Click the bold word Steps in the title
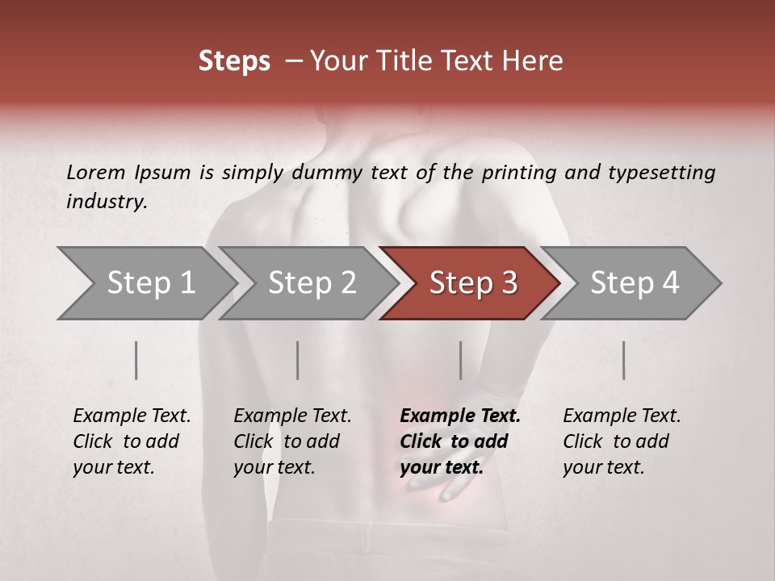tap(234, 61)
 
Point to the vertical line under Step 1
tap(136, 360)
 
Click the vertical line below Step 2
tap(298, 360)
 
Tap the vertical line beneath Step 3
tap(460, 360)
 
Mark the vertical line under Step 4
tap(623, 360)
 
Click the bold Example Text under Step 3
tap(460, 416)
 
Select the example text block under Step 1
tap(132, 441)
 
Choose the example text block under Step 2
tap(292, 441)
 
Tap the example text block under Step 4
tap(622, 441)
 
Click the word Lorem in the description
tap(95, 172)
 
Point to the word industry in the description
tap(107, 202)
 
